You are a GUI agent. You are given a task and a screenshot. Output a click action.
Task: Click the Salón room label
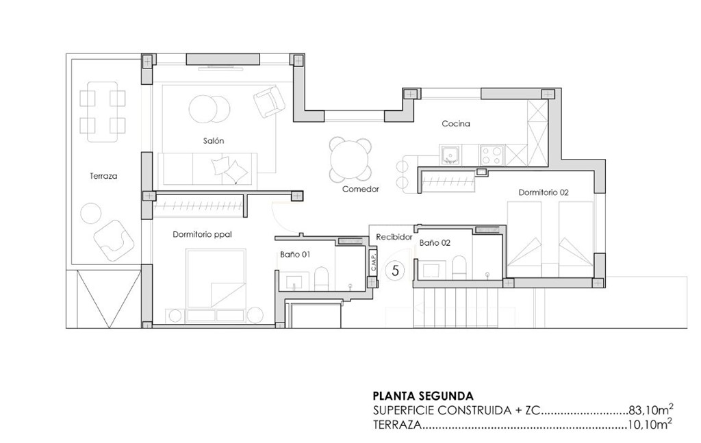(x=214, y=140)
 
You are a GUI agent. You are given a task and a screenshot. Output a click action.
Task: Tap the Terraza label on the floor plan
(x=103, y=176)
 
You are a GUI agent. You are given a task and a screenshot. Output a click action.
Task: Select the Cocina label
(x=455, y=124)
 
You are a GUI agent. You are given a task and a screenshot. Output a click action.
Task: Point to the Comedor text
(x=361, y=189)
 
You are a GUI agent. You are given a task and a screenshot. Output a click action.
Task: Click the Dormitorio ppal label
(x=202, y=234)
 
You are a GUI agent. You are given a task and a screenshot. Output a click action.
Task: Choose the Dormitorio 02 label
(x=544, y=192)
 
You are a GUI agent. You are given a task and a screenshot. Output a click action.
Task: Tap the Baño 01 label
(x=295, y=254)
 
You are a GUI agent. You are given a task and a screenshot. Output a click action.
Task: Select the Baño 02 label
(x=435, y=242)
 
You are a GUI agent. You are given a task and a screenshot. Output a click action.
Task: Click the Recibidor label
(x=394, y=237)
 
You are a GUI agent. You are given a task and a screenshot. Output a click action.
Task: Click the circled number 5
(x=394, y=270)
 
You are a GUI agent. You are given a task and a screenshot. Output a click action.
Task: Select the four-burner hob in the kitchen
(x=492, y=155)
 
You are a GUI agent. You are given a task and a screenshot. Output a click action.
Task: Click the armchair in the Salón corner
(x=269, y=101)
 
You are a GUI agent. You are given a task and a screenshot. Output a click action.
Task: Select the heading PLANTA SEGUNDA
(x=422, y=395)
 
